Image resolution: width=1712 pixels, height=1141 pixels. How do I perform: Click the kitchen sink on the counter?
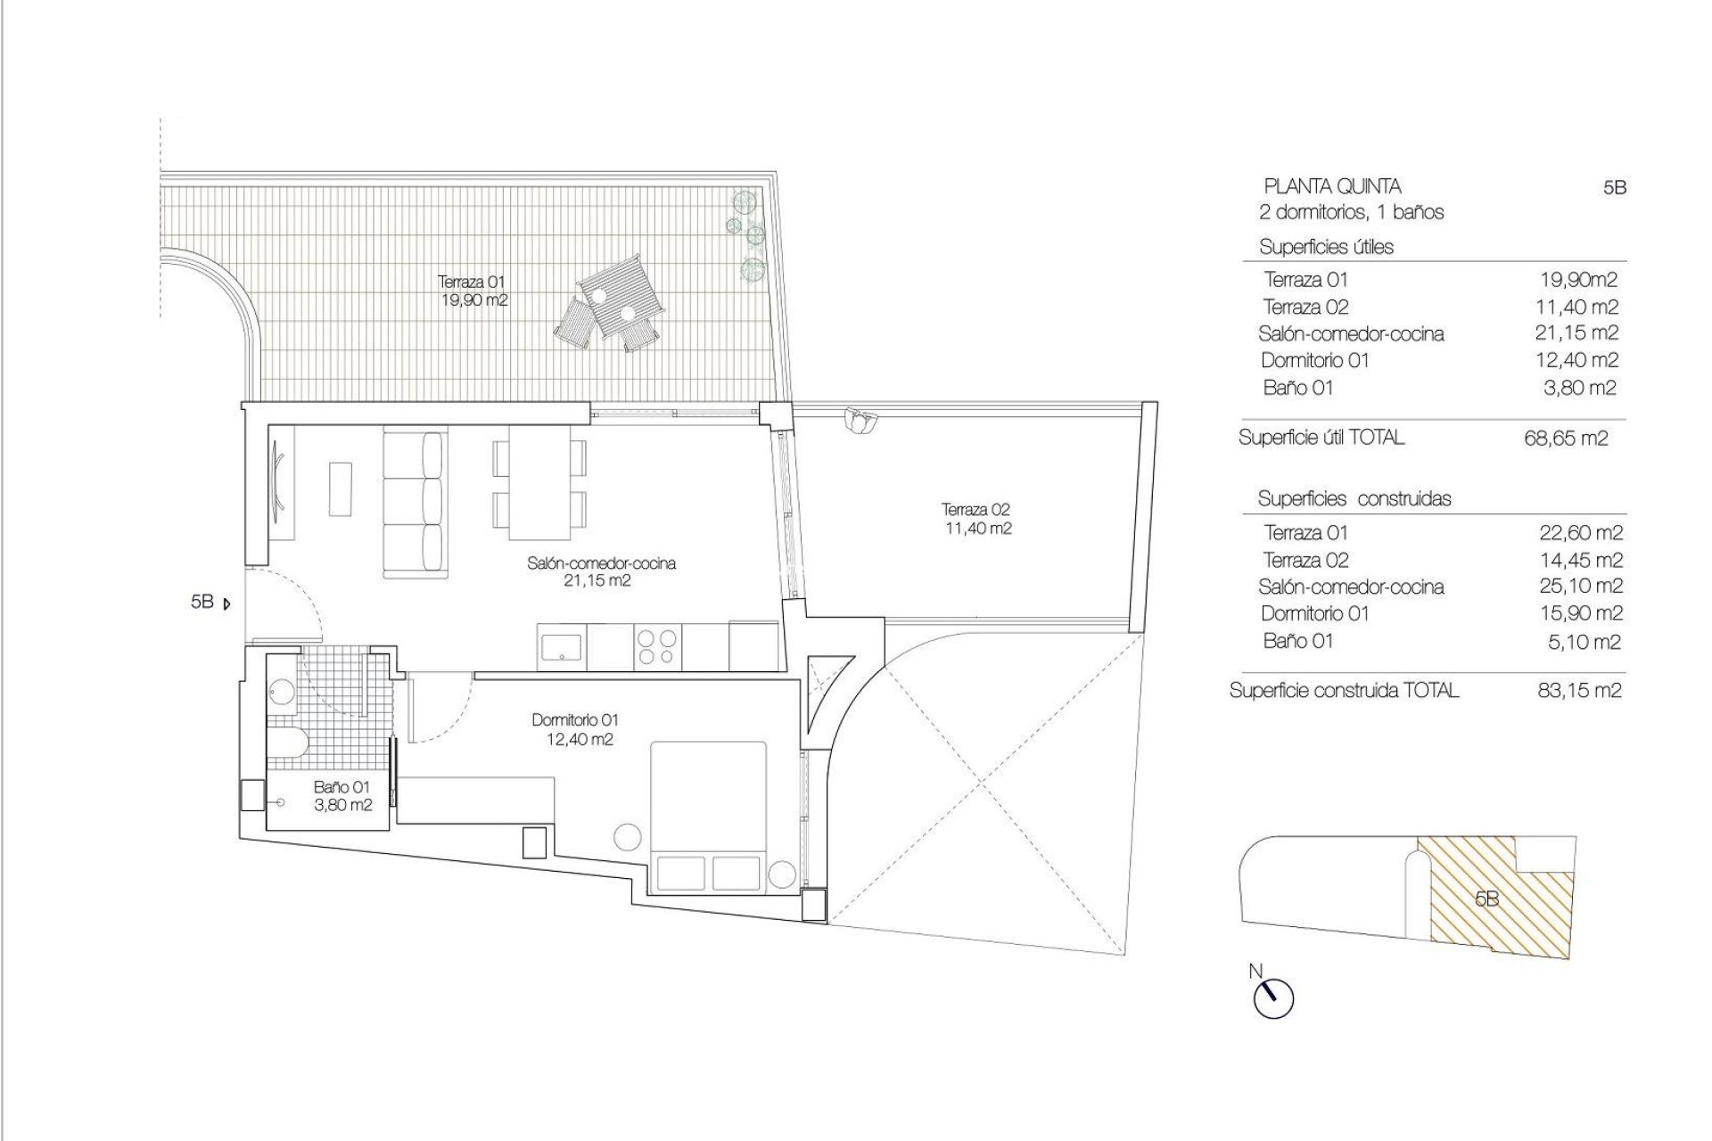562,646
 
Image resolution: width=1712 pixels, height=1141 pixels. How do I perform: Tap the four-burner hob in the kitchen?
656,647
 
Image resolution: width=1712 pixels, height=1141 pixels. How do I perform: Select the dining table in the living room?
539,484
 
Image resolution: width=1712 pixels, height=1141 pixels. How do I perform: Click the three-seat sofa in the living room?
414,505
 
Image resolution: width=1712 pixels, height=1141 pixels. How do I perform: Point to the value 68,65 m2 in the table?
1567,439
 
